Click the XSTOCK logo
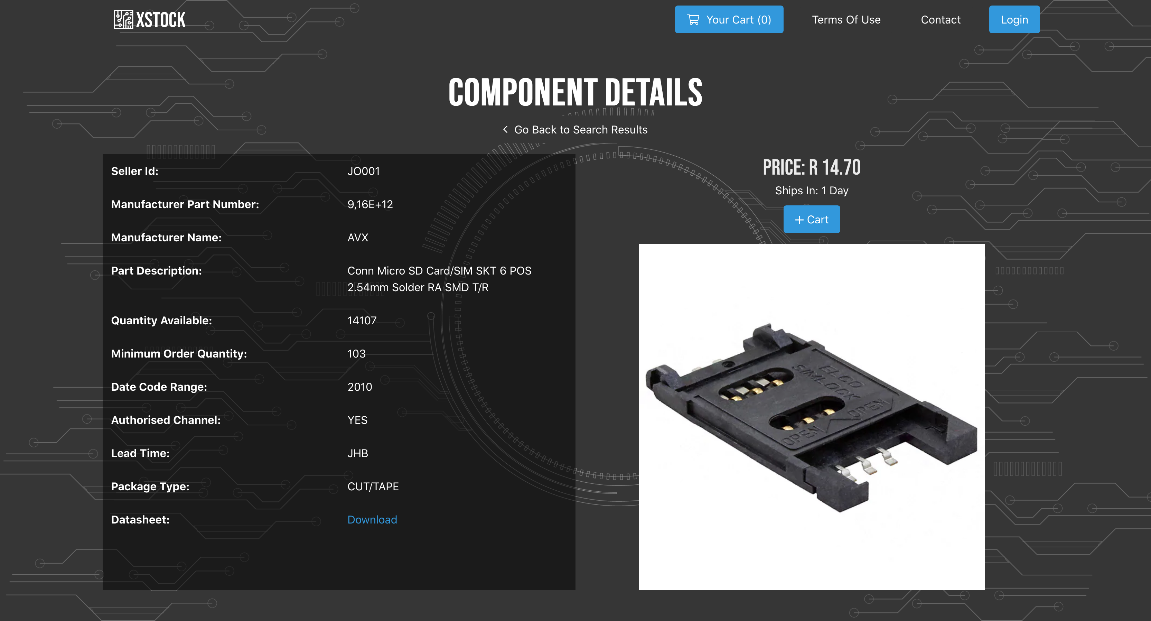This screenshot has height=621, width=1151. [x=149, y=19]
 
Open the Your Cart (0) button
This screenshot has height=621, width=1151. [x=729, y=19]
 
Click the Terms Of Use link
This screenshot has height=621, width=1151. [x=846, y=20]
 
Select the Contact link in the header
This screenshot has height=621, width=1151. [x=940, y=20]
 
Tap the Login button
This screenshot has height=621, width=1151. [x=1014, y=19]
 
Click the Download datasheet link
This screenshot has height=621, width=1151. [x=372, y=519]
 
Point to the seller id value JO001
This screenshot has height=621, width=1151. [x=363, y=171]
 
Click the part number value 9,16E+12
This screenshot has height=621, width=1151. [x=370, y=204]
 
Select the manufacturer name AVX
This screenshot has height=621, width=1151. [x=358, y=238]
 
